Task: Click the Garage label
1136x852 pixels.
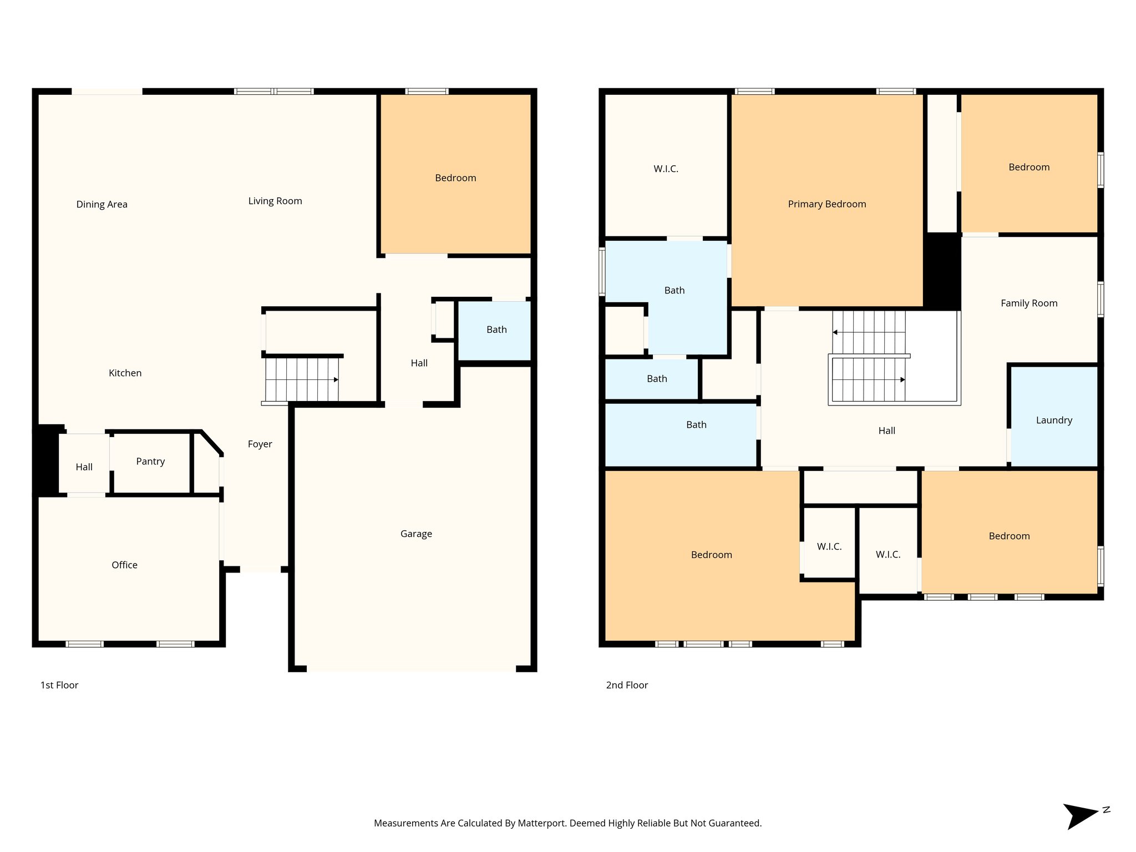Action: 416,534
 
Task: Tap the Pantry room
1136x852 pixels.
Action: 150,462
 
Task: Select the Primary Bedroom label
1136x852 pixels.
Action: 826,204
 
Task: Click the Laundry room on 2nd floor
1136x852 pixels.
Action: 1053,420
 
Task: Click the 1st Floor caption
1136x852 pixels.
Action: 59,685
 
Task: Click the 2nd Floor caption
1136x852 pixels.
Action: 627,685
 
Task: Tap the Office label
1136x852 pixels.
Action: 124,565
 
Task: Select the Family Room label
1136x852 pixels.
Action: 1029,303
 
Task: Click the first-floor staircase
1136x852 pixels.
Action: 302,379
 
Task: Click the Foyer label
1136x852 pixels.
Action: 260,444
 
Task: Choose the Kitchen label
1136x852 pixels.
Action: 125,373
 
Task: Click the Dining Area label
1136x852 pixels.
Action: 102,204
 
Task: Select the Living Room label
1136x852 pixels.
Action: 275,201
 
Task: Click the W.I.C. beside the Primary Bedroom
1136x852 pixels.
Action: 666,169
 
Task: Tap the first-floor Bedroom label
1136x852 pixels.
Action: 455,177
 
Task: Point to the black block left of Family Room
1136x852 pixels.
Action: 942,272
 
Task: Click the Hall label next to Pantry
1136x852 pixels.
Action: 84,467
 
